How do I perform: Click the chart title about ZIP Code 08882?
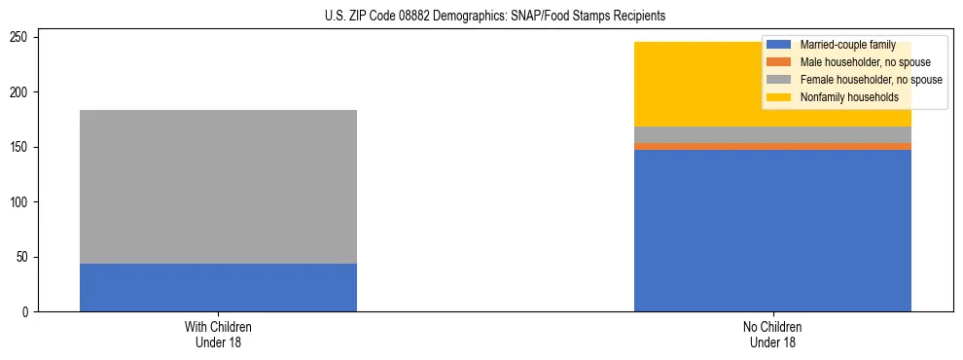(495, 17)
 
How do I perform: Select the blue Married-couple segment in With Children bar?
(218, 287)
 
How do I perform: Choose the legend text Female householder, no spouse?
(871, 80)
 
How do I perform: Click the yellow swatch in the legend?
(779, 97)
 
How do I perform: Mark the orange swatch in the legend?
(779, 62)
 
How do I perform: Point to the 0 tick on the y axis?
(28, 312)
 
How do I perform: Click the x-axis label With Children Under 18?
(218, 335)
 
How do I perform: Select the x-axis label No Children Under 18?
(772, 335)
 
